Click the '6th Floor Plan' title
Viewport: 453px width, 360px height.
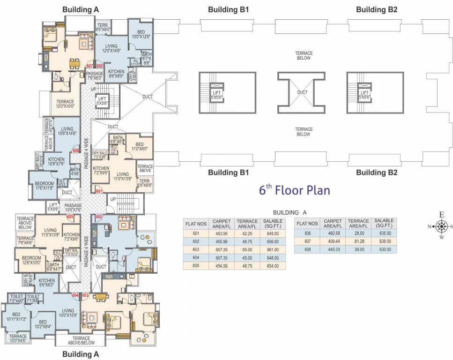click(x=295, y=190)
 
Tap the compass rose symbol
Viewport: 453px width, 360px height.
click(x=441, y=226)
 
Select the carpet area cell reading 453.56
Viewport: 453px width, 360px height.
click(x=219, y=233)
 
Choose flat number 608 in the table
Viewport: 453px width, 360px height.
click(x=307, y=249)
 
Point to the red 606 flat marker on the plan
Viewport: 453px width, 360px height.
click(x=75, y=150)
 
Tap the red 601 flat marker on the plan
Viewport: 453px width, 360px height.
click(x=99, y=191)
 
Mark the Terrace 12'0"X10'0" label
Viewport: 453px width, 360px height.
click(x=65, y=104)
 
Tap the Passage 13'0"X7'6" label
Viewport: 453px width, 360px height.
click(x=73, y=208)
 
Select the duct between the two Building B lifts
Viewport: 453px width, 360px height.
click(x=302, y=92)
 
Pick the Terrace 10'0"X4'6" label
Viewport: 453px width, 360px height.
click(x=18, y=338)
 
